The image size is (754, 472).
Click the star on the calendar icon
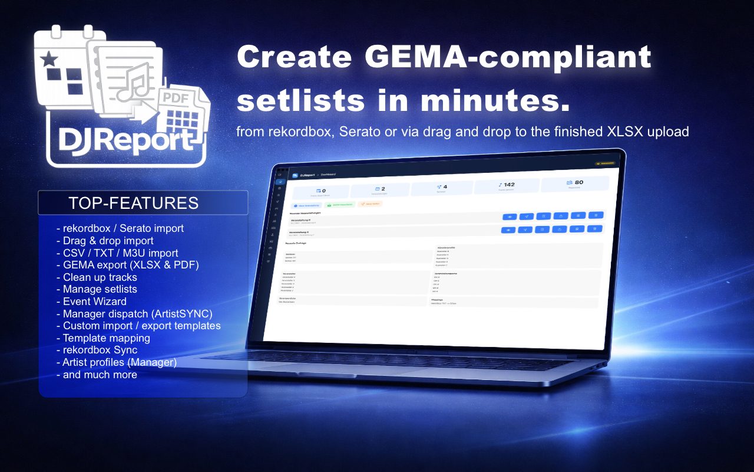coord(49,58)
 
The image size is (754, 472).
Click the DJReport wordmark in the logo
coord(127,140)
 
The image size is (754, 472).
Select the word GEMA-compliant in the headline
coord(507,57)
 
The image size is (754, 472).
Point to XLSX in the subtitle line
coord(625,131)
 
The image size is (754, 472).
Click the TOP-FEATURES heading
coord(133,203)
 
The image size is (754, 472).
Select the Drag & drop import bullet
coord(108,240)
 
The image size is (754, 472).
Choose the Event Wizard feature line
coord(94,301)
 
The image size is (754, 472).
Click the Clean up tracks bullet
coord(100,277)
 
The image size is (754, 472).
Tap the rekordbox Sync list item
coord(100,350)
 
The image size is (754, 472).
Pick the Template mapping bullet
coord(106,338)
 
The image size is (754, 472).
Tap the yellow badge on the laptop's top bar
coord(606,163)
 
